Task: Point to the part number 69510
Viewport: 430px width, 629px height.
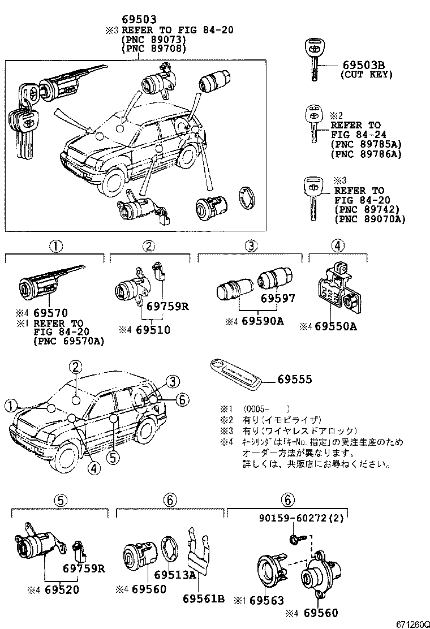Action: coord(153,330)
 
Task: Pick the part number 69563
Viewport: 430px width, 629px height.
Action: coord(266,601)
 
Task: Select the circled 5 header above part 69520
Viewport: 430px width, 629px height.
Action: coord(61,499)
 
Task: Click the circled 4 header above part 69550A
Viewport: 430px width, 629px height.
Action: coord(337,246)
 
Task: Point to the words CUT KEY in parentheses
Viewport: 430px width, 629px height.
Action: coord(366,75)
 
